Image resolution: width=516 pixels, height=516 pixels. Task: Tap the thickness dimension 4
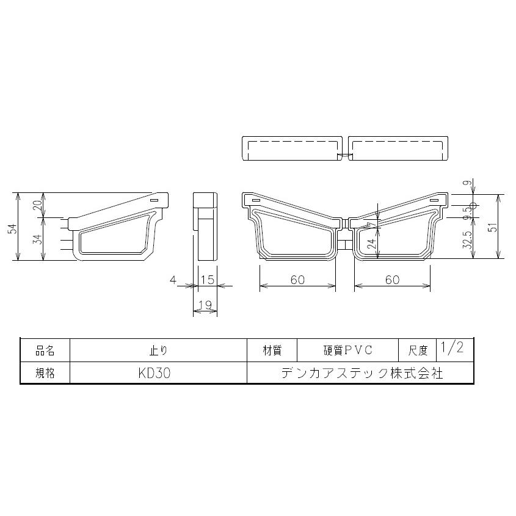click(173, 280)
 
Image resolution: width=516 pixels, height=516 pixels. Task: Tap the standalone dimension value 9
click(468, 183)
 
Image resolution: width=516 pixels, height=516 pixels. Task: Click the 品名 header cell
click(45, 351)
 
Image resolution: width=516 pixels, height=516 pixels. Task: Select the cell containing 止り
click(158, 351)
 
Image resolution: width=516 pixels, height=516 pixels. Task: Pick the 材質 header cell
click(272, 351)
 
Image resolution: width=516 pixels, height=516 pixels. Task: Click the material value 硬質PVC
click(347, 351)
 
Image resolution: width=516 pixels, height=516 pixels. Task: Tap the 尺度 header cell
click(418, 351)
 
